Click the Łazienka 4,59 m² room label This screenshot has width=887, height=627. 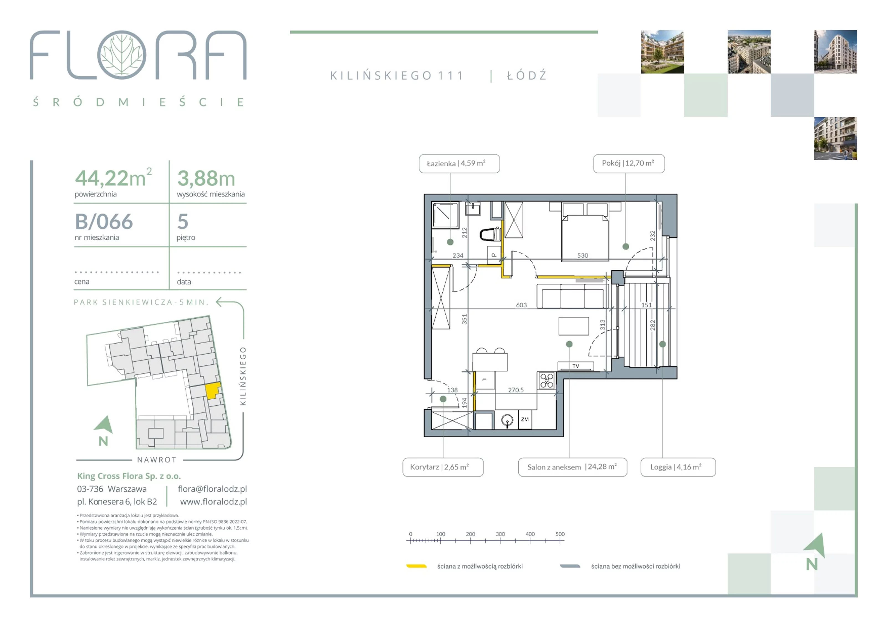(x=459, y=164)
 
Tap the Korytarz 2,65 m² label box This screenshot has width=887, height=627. (x=443, y=467)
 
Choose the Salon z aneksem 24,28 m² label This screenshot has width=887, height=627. (x=572, y=467)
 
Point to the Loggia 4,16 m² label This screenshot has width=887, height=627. (x=678, y=467)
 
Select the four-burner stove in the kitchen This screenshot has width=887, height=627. (x=547, y=380)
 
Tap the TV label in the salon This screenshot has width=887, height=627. (x=576, y=366)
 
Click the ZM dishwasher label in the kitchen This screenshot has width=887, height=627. (x=525, y=419)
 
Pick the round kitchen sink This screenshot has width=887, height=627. (x=507, y=420)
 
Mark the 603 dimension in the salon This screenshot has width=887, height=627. (x=521, y=305)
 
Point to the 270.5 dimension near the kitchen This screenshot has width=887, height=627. (x=516, y=390)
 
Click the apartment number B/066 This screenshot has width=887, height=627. (x=104, y=222)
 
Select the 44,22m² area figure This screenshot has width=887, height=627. (x=113, y=178)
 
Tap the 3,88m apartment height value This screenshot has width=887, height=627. (x=206, y=178)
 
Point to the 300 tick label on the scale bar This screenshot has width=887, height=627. (x=500, y=534)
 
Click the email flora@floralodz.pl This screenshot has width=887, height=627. (x=212, y=489)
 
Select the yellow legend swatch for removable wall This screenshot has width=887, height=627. (x=416, y=566)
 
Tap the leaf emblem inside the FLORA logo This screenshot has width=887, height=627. (x=122, y=55)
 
